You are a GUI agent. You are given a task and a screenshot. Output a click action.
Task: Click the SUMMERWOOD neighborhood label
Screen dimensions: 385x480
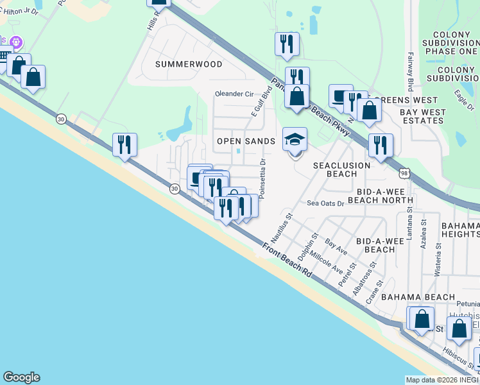[189, 64]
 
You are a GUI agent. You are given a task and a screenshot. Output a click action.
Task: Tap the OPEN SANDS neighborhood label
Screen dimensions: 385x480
[246, 141]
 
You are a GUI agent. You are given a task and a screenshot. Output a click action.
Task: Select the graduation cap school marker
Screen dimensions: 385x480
[295, 140]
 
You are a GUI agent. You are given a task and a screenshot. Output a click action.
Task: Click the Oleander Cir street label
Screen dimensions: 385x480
[234, 93]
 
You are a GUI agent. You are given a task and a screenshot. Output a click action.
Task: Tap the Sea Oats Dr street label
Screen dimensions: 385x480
[325, 203]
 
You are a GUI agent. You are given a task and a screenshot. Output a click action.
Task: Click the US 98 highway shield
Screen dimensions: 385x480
[404, 173]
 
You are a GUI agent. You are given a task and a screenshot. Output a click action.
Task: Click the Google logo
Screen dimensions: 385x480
[21, 377]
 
